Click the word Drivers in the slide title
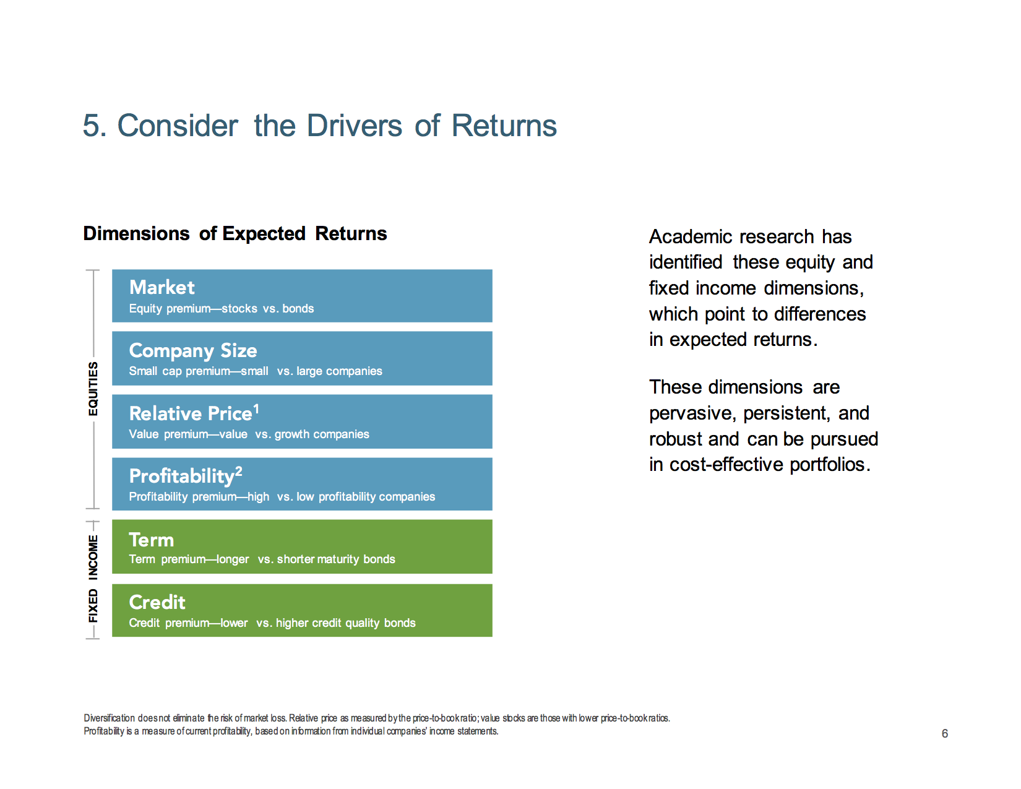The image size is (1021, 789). pyautogui.click(x=355, y=126)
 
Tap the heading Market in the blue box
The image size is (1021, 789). pyautogui.click(x=162, y=287)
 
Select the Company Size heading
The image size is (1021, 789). pyautogui.click(x=193, y=351)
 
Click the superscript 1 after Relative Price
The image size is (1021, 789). pyautogui.click(x=256, y=410)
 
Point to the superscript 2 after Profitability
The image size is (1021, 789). pyautogui.click(x=239, y=471)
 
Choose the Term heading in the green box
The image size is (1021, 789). pyautogui.click(x=152, y=540)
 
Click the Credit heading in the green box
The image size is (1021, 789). pyautogui.click(x=157, y=602)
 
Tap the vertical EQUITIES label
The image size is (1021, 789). pyautogui.click(x=93, y=389)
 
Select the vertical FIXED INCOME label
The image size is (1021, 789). pyautogui.click(x=93, y=579)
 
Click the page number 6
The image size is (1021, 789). pyautogui.click(x=944, y=733)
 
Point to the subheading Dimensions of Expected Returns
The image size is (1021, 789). pyautogui.click(x=235, y=233)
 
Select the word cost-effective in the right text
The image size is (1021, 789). pyautogui.click(x=726, y=464)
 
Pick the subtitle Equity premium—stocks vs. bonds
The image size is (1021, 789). pyautogui.click(x=222, y=309)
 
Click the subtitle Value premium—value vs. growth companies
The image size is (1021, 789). pyautogui.click(x=249, y=434)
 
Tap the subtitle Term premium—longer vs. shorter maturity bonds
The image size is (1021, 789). pyautogui.click(x=262, y=559)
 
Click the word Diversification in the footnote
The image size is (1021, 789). pyautogui.click(x=110, y=718)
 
